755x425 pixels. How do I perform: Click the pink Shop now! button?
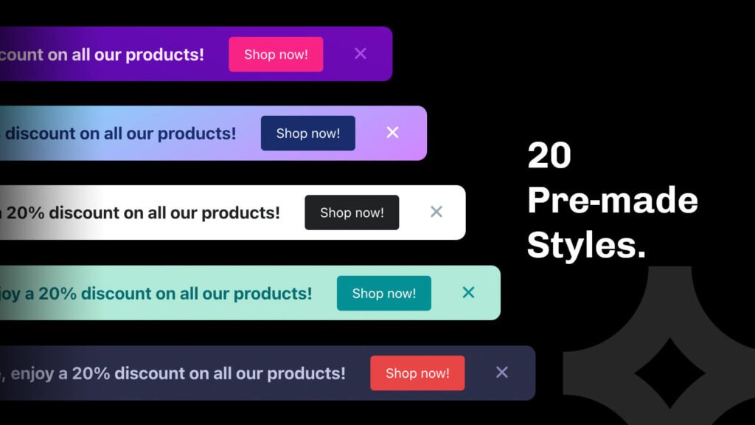pyautogui.click(x=276, y=55)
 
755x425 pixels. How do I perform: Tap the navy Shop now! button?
pyautogui.click(x=307, y=134)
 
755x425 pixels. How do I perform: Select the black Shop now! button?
pyautogui.click(x=352, y=212)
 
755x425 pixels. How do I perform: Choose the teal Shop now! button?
pyautogui.click(x=383, y=293)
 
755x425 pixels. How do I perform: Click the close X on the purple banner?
pyautogui.click(x=361, y=53)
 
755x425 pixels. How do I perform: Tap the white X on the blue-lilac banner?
pyautogui.click(x=392, y=132)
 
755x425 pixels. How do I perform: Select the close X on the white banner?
pyautogui.click(x=436, y=212)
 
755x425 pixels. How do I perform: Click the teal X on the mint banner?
pyautogui.click(x=468, y=292)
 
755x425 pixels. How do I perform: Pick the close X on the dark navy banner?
pyautogui.click(x=502, y=372)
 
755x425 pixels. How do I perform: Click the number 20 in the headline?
pyautogui.click(x=549, y=156)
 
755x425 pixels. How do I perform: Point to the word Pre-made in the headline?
pyautogui.click(x=612, y=200)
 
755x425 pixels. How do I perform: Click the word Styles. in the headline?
pyautogui.click(x=586, y=244)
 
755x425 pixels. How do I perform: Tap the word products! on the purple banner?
pyautogui.click(x=164, y=55)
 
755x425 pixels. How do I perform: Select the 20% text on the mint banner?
pyautogui.click(x=58, y=294)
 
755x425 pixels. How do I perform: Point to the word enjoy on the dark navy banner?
pyautogui.click(x=32, y=373)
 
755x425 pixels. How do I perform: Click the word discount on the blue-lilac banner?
pyautogui.click(x=41, y=134)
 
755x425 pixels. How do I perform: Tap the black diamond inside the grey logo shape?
pyautogui.click(x=669, y=372)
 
